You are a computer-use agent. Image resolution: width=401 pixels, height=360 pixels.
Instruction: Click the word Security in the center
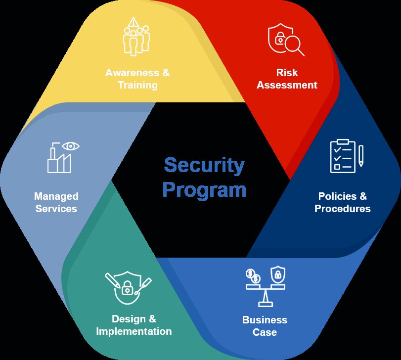pyautogui.click(x=204, y=165)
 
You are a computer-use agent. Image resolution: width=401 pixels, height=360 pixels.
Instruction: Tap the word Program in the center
pyautogui.click(x=204, y=189)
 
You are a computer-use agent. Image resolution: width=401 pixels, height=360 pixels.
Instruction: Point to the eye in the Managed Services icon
pyautogui.click(x=72, y=146)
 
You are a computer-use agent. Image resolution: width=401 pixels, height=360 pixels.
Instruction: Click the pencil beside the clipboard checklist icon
pyautogui.click(x=361, y=155)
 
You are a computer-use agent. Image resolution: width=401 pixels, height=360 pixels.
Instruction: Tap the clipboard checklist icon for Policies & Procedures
pyautogui.click(x=343, y=156)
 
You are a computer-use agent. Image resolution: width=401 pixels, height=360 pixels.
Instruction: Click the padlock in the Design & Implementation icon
pyautogui.click(x=128, y=287)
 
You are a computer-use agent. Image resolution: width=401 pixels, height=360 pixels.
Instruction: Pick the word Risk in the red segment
pyautogui.click(x=287, y=73)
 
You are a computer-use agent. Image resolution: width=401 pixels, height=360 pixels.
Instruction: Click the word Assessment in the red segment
pyautogui.click(x=287, y=85)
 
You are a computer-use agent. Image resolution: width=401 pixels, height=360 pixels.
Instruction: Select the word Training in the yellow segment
pyautogui.click(x=137, y=85)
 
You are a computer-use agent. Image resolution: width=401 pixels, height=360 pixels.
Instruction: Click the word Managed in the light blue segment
pyautogui.click(x=56, y=196)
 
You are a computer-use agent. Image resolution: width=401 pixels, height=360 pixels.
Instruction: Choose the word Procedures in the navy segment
pyautogui.click(x=342, y=209)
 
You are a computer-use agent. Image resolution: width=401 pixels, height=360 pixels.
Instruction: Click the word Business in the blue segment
pyautogui.click(x=265, y=319)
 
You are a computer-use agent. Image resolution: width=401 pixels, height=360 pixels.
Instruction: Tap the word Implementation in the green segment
pyautogui.click(x=134, y=331)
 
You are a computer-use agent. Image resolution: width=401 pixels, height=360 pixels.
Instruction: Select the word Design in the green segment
pyautogui.click(x=127, y=319)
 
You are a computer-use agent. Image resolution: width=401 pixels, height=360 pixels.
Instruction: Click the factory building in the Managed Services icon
pyautogui.click(x=59, y=161)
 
